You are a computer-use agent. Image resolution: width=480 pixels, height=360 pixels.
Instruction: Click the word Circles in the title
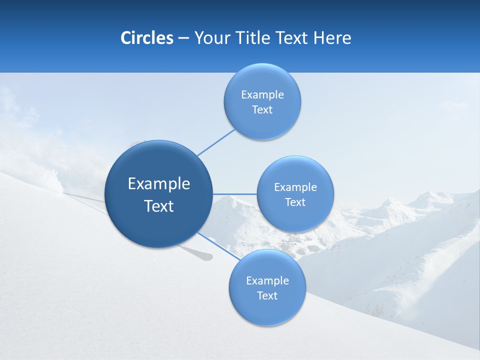147,38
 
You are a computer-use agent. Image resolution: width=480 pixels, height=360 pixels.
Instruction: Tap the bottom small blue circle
267,310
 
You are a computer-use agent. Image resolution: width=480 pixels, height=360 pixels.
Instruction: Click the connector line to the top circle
216,142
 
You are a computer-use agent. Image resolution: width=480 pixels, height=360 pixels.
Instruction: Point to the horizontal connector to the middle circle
234,194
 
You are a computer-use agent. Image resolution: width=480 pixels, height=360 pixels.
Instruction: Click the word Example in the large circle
159,184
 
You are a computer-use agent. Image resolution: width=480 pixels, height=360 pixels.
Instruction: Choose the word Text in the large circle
159,206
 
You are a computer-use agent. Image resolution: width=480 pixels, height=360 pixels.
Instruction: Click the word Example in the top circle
262,95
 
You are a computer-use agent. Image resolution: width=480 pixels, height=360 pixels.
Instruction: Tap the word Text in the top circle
262,110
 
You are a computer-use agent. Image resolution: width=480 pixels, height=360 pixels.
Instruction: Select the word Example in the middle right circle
295,187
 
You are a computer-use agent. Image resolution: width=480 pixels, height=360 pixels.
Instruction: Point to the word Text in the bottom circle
267,295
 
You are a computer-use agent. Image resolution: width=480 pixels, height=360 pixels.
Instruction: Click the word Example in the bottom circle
267,281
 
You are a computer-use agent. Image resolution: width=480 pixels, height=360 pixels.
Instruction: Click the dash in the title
183,38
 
